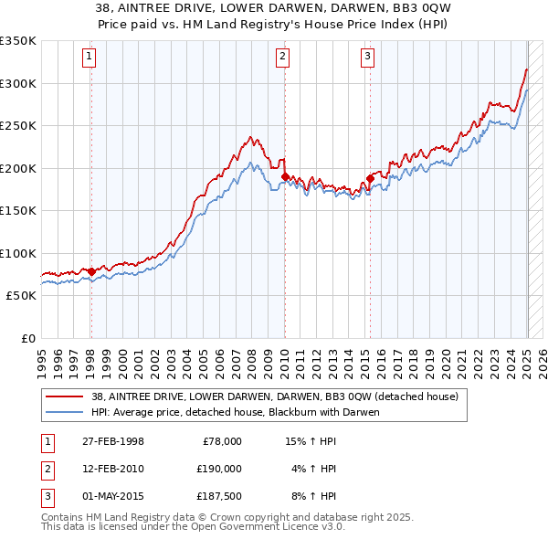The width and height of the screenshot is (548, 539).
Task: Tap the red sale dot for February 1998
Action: (x=91, y=271)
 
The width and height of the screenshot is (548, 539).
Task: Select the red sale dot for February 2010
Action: (x=284, y=176)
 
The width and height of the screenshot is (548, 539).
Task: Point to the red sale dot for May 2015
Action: (x=370, y=178)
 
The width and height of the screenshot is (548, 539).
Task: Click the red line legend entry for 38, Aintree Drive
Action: (x=268, y=396)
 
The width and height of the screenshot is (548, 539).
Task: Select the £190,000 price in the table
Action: (x=219, y=469)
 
